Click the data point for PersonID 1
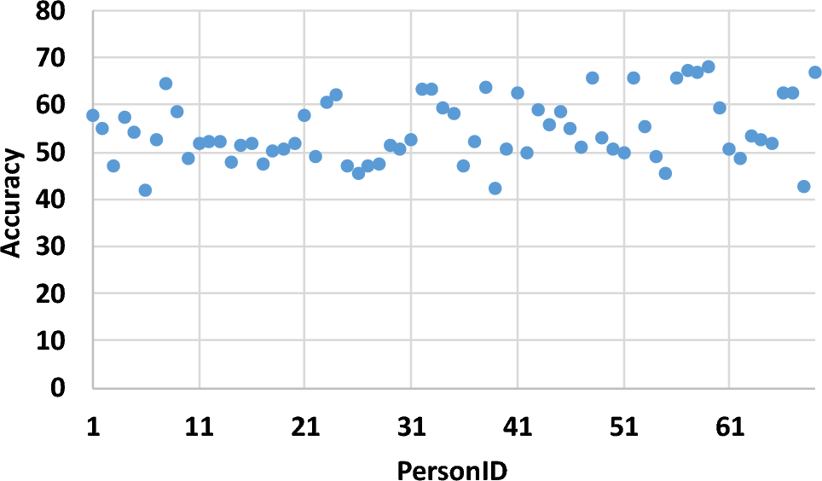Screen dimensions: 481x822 [92, 115]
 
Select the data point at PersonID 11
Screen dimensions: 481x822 [199, 143]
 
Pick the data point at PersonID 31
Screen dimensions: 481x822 [410, 140]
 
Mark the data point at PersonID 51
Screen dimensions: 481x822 [623, 153]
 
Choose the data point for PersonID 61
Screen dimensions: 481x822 [729, 149]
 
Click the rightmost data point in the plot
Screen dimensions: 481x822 [814, 72]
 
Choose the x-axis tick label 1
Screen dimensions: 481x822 [92, 426]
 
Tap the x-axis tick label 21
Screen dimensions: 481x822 [304, 426]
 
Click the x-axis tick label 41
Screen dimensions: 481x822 [518, 426]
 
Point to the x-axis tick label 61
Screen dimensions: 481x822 [730, 426]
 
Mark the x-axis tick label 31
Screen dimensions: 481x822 [411, 426]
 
